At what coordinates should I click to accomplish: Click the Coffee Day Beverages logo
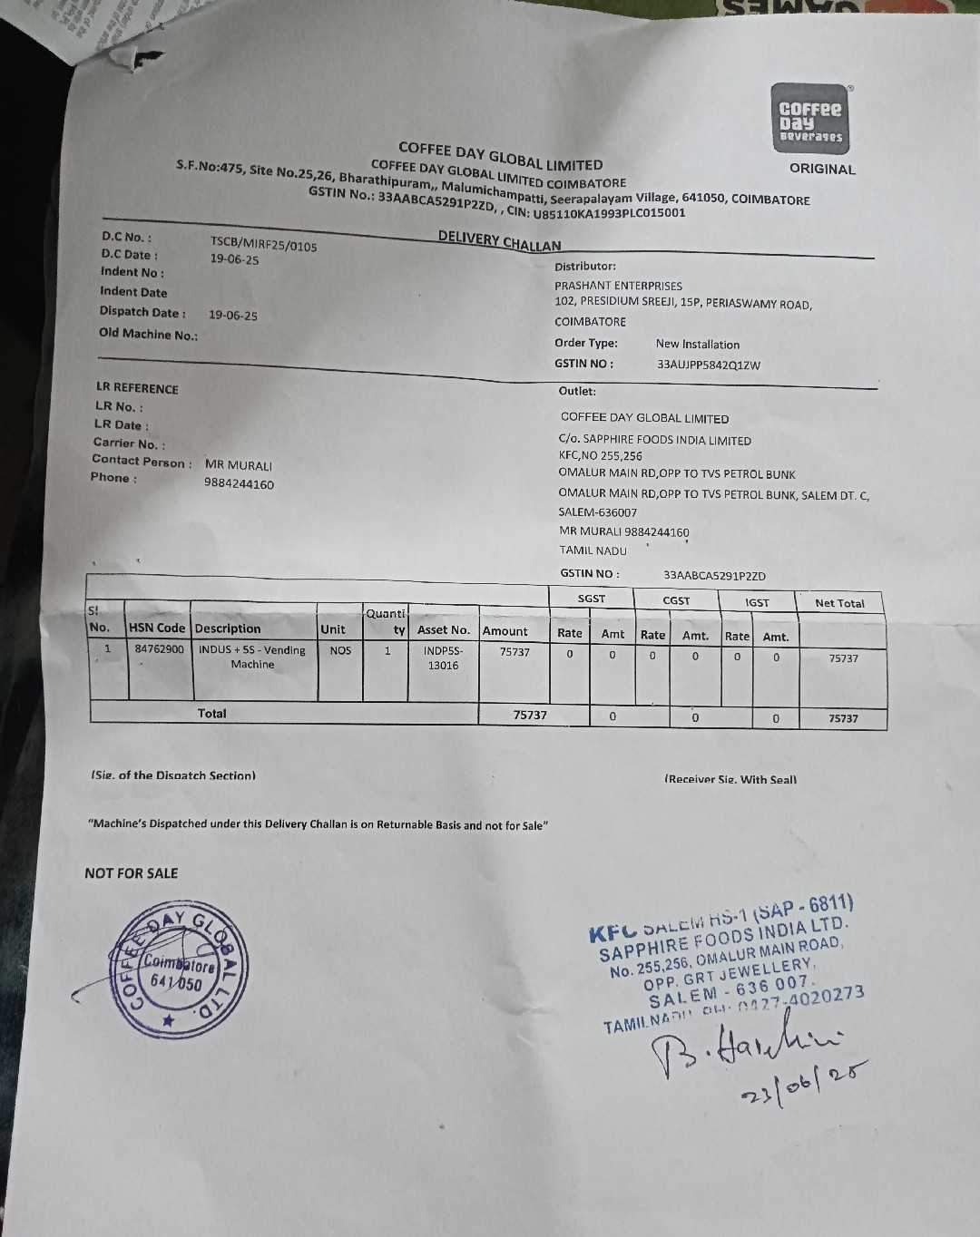click(x=810, y=119)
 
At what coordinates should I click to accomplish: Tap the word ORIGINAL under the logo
click(x=821, y=169)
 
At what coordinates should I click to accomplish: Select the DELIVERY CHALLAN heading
click(x=499, y=240)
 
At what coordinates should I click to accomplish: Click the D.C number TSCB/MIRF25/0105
click(x=263, y=244)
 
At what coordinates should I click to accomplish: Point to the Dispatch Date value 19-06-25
click(x=232, y=316)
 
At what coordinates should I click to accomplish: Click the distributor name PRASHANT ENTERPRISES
click(x=618, y=286)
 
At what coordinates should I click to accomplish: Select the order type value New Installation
click(x=697, y=345)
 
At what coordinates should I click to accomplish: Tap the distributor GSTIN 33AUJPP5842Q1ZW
click(x=708, y=365)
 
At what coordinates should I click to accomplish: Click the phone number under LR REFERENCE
click(x=239, y=484)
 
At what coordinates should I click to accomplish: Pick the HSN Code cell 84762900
click(x=159, y=649)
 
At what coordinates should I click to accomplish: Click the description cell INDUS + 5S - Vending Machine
click(x=252, y=657)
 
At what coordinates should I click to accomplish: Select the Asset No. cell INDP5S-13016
click(x=443, y=657)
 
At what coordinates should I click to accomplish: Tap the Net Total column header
click(x=839, y=603)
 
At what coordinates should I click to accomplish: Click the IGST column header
click(x=757, y=602)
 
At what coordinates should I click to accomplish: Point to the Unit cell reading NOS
click(x=340, y=650)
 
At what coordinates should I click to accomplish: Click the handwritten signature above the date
click(x=744, y=1043)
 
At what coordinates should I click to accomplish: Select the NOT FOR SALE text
click(x=132, y=873)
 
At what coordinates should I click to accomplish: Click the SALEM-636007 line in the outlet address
click(x=597, y=512)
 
